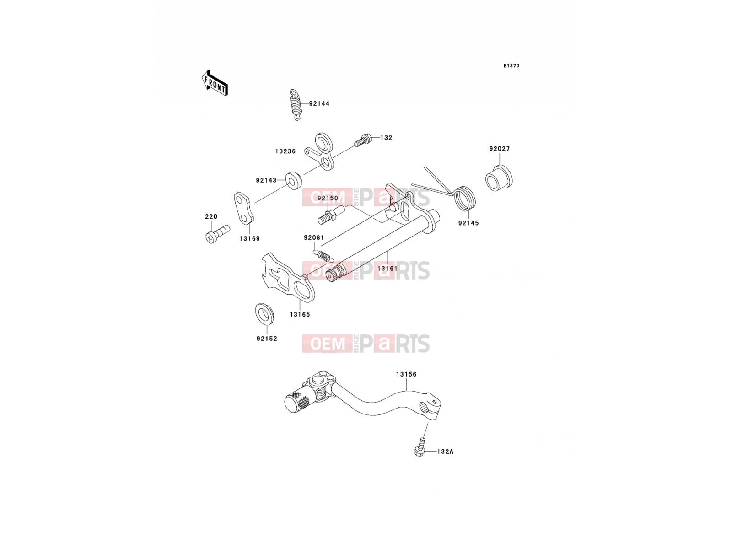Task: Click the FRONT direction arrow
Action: point(215,83)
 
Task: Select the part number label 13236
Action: point(285,151)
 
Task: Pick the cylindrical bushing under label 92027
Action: point(499,178)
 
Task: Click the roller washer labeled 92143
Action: point(293,180)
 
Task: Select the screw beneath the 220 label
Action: point(217,234)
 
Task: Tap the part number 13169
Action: point(249,239)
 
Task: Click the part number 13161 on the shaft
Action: point(387,269)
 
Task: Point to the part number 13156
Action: point(406,374)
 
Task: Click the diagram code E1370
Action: point(511,66)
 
